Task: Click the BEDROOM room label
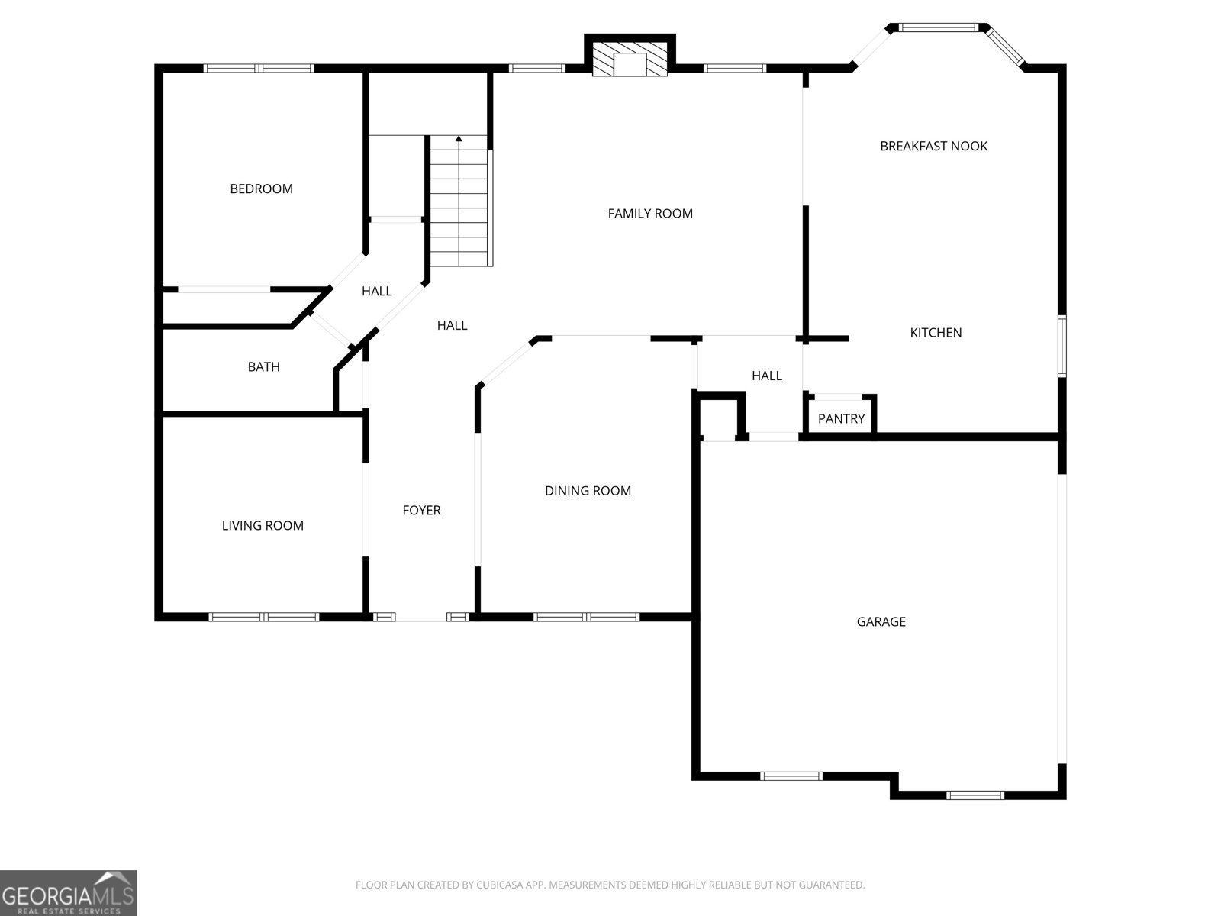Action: click(x=261, y=189)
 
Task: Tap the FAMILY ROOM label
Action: click(x=650, y=214)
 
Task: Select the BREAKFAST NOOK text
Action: click(x=933, y=146)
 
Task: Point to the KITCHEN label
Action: click(x=936, y=333)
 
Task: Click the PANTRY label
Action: click(x=841, y=419)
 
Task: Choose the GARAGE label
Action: click(x=881, y=622)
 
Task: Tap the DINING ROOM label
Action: click(x=588, y=491)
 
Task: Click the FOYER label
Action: click(x=421, y=511)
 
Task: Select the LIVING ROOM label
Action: click(x=263, y=526)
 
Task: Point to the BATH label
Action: click(x=263, y=367)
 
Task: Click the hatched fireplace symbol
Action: click(x=630, y=59)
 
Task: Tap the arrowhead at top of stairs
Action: click(x=459, y=139)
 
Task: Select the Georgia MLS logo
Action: click(x=68, y=893)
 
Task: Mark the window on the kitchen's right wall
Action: click(x=1062, y=346)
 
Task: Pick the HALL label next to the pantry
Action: click(x=766, y=376)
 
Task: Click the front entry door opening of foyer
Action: click(x=421, y=617)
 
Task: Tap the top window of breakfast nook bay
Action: click(x=938, y=27)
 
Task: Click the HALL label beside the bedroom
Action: click(x=376, y=292)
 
